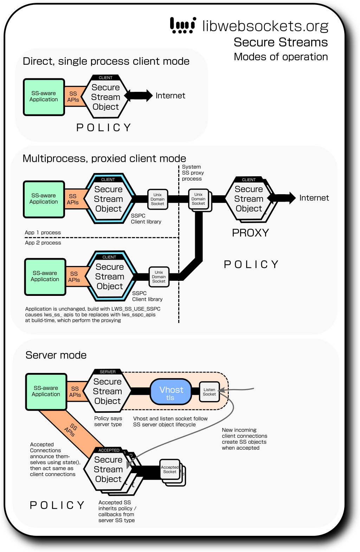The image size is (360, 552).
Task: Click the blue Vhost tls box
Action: pos(171,392)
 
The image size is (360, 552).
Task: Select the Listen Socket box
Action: pos(209,392)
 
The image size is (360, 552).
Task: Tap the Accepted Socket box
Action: pos(170,469)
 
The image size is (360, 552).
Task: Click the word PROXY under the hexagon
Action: pos(250,233)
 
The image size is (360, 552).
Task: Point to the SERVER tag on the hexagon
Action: pos(108,372)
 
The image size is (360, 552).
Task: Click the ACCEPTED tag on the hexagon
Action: pos(109,450)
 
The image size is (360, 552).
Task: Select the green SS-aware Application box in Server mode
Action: pos(46,392)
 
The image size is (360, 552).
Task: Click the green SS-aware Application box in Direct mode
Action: pos(44,97)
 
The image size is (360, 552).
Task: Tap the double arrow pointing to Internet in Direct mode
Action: pos(139,95)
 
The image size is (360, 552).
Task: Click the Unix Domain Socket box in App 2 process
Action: pos(159,277)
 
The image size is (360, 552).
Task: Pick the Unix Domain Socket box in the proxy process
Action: pos(199,199)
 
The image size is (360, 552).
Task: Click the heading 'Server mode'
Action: pos(56,355)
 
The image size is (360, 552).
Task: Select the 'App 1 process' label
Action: pos(43,233)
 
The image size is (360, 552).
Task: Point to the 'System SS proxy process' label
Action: pos(192,173)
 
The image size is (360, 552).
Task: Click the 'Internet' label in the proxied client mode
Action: pos(314,198)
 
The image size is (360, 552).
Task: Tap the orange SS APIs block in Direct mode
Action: pos(73,97)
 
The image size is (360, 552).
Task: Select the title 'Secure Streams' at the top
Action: pos(281,42)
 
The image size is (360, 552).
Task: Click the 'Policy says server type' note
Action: pos(108,421)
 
